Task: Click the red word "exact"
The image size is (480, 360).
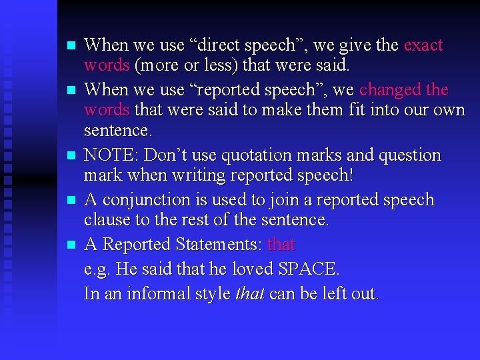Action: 423,45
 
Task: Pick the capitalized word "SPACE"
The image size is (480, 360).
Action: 308,269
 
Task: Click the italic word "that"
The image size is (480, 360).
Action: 249,293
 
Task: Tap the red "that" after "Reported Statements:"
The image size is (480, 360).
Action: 281,245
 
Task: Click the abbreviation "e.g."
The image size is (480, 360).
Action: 97,269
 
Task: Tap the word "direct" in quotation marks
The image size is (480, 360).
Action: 221,45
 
